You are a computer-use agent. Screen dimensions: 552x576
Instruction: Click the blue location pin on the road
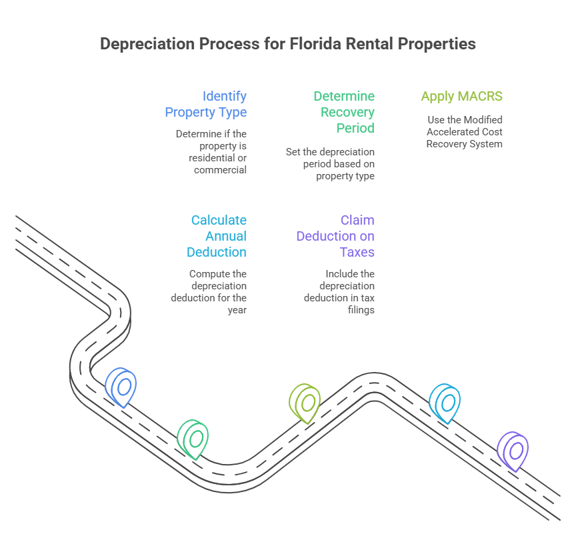122,386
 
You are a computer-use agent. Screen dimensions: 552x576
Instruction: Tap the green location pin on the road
194,438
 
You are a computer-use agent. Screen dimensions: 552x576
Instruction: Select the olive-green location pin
305,402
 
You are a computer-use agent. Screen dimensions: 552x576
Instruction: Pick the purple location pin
514,451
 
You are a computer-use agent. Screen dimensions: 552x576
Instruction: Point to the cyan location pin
445,402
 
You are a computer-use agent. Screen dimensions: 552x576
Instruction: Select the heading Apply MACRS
461,97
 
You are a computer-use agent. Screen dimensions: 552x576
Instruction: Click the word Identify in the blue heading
225,97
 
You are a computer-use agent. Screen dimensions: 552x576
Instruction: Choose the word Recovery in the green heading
347,112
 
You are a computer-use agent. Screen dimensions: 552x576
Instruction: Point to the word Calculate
219,221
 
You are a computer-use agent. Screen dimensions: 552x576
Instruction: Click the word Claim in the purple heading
357,221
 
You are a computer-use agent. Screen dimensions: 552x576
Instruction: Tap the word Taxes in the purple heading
357,252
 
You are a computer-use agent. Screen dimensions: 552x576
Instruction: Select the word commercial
221,170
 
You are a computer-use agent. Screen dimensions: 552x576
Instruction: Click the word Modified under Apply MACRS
483,120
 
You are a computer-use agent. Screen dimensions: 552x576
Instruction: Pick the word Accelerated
451,132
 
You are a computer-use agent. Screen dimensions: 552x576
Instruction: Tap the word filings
361,310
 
